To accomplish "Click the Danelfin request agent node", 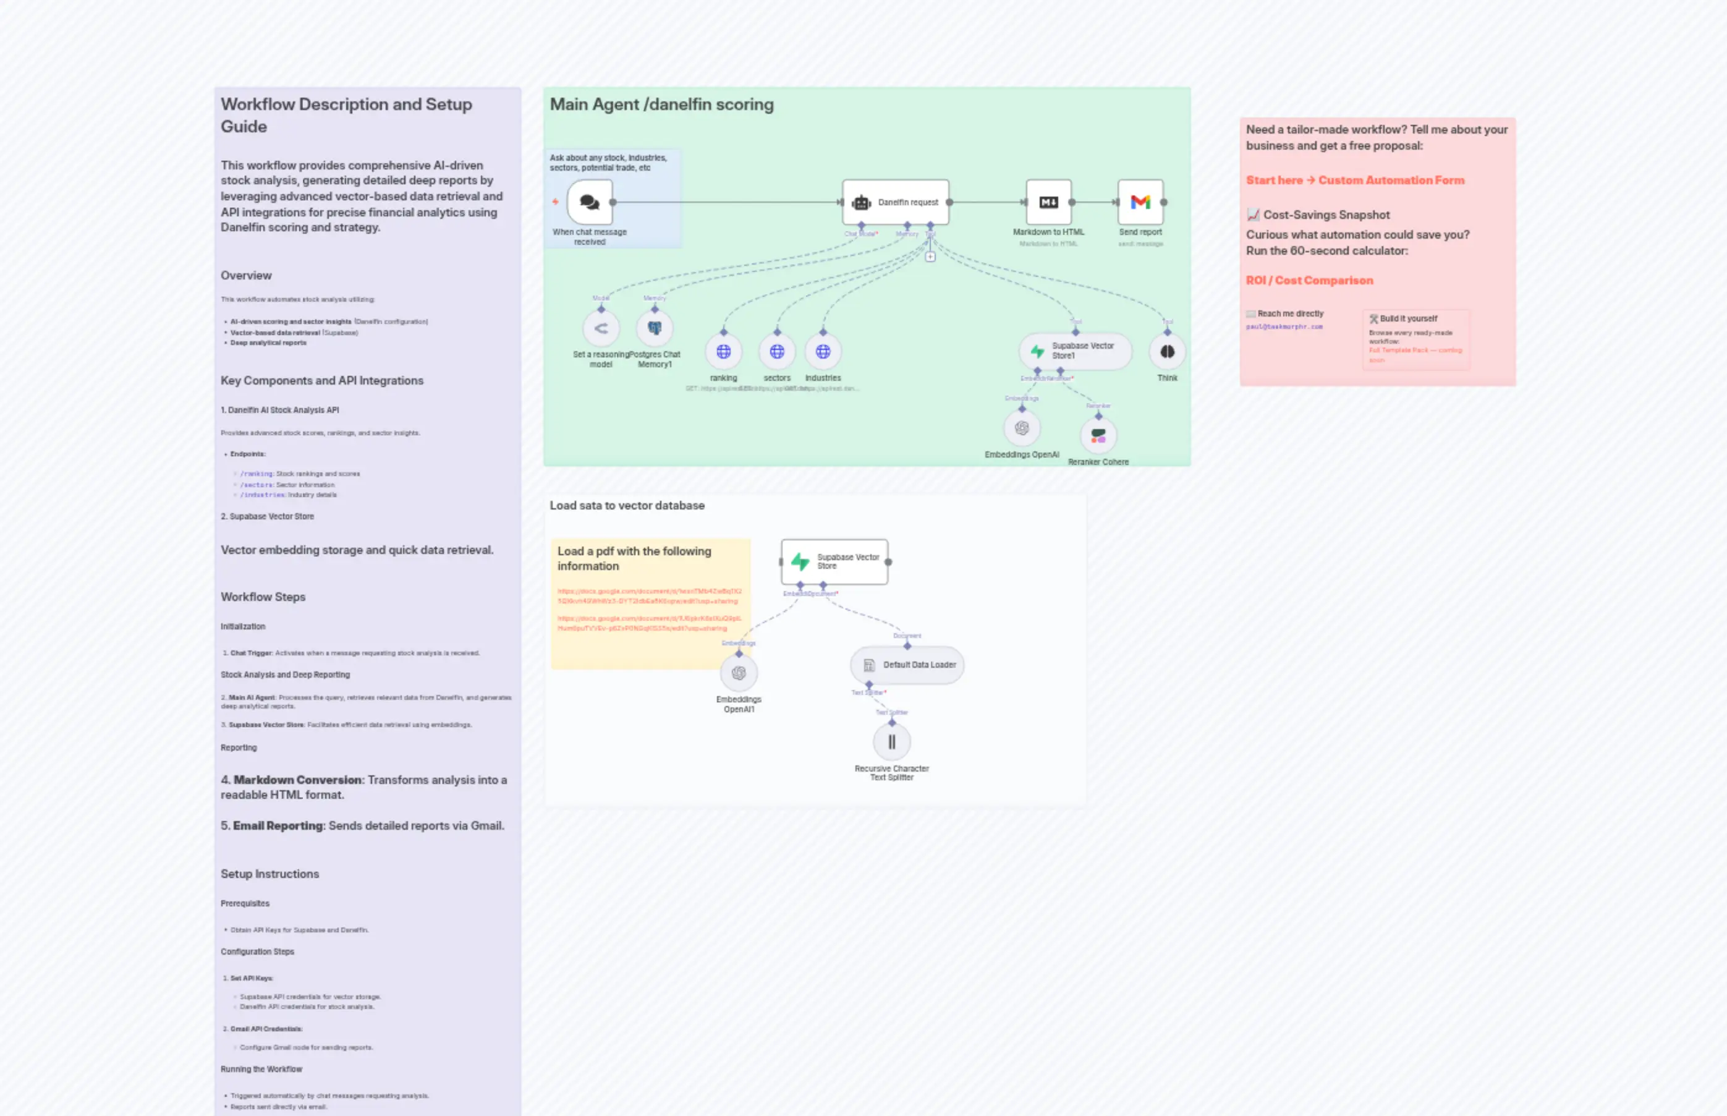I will click(x=896, y=202).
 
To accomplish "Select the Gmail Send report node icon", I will click(x=1140, y=202).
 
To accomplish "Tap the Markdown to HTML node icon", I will click(x=1048, y=202).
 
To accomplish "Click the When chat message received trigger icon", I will click(x=590, y=202).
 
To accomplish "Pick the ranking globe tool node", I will click(x=723, y=351).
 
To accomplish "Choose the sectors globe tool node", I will click(x=776, y=351).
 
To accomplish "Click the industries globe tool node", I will click(x=823, y=351).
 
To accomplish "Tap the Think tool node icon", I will click(x=1167, y=351).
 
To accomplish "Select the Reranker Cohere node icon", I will click(x=1098, y=435).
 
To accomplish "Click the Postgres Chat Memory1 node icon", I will click(x=654, y=328).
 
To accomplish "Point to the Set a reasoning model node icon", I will click(x=601, y=328).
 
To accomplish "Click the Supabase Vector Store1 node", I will click(x=1075, y=351).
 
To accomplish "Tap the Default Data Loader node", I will click(x=907, y=665).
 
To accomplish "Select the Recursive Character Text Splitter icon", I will click(x=892, y=741).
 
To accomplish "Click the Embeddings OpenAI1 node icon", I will click(x=738, y=673).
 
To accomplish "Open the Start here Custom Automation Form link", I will click(x=1355, y=181).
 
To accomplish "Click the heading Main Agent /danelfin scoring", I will click(x=661, y=104).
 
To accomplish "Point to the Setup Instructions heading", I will click(x=269, y=874).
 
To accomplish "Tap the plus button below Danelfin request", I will click(x=930, y=257).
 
